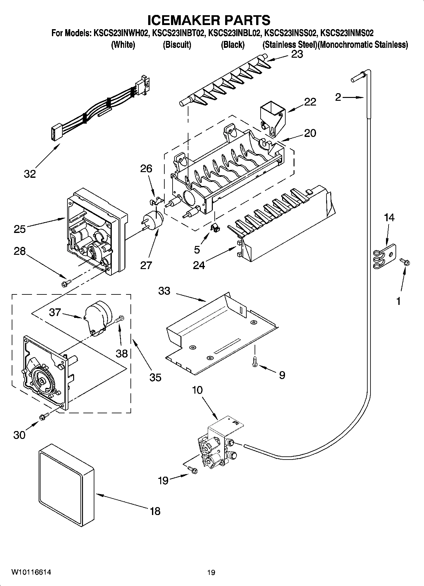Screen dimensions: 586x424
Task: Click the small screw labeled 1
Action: [405, 261]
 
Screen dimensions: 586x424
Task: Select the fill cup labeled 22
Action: [272, 119]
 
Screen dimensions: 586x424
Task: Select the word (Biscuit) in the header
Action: [177, 45]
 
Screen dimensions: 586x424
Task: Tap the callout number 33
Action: [164, 291]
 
